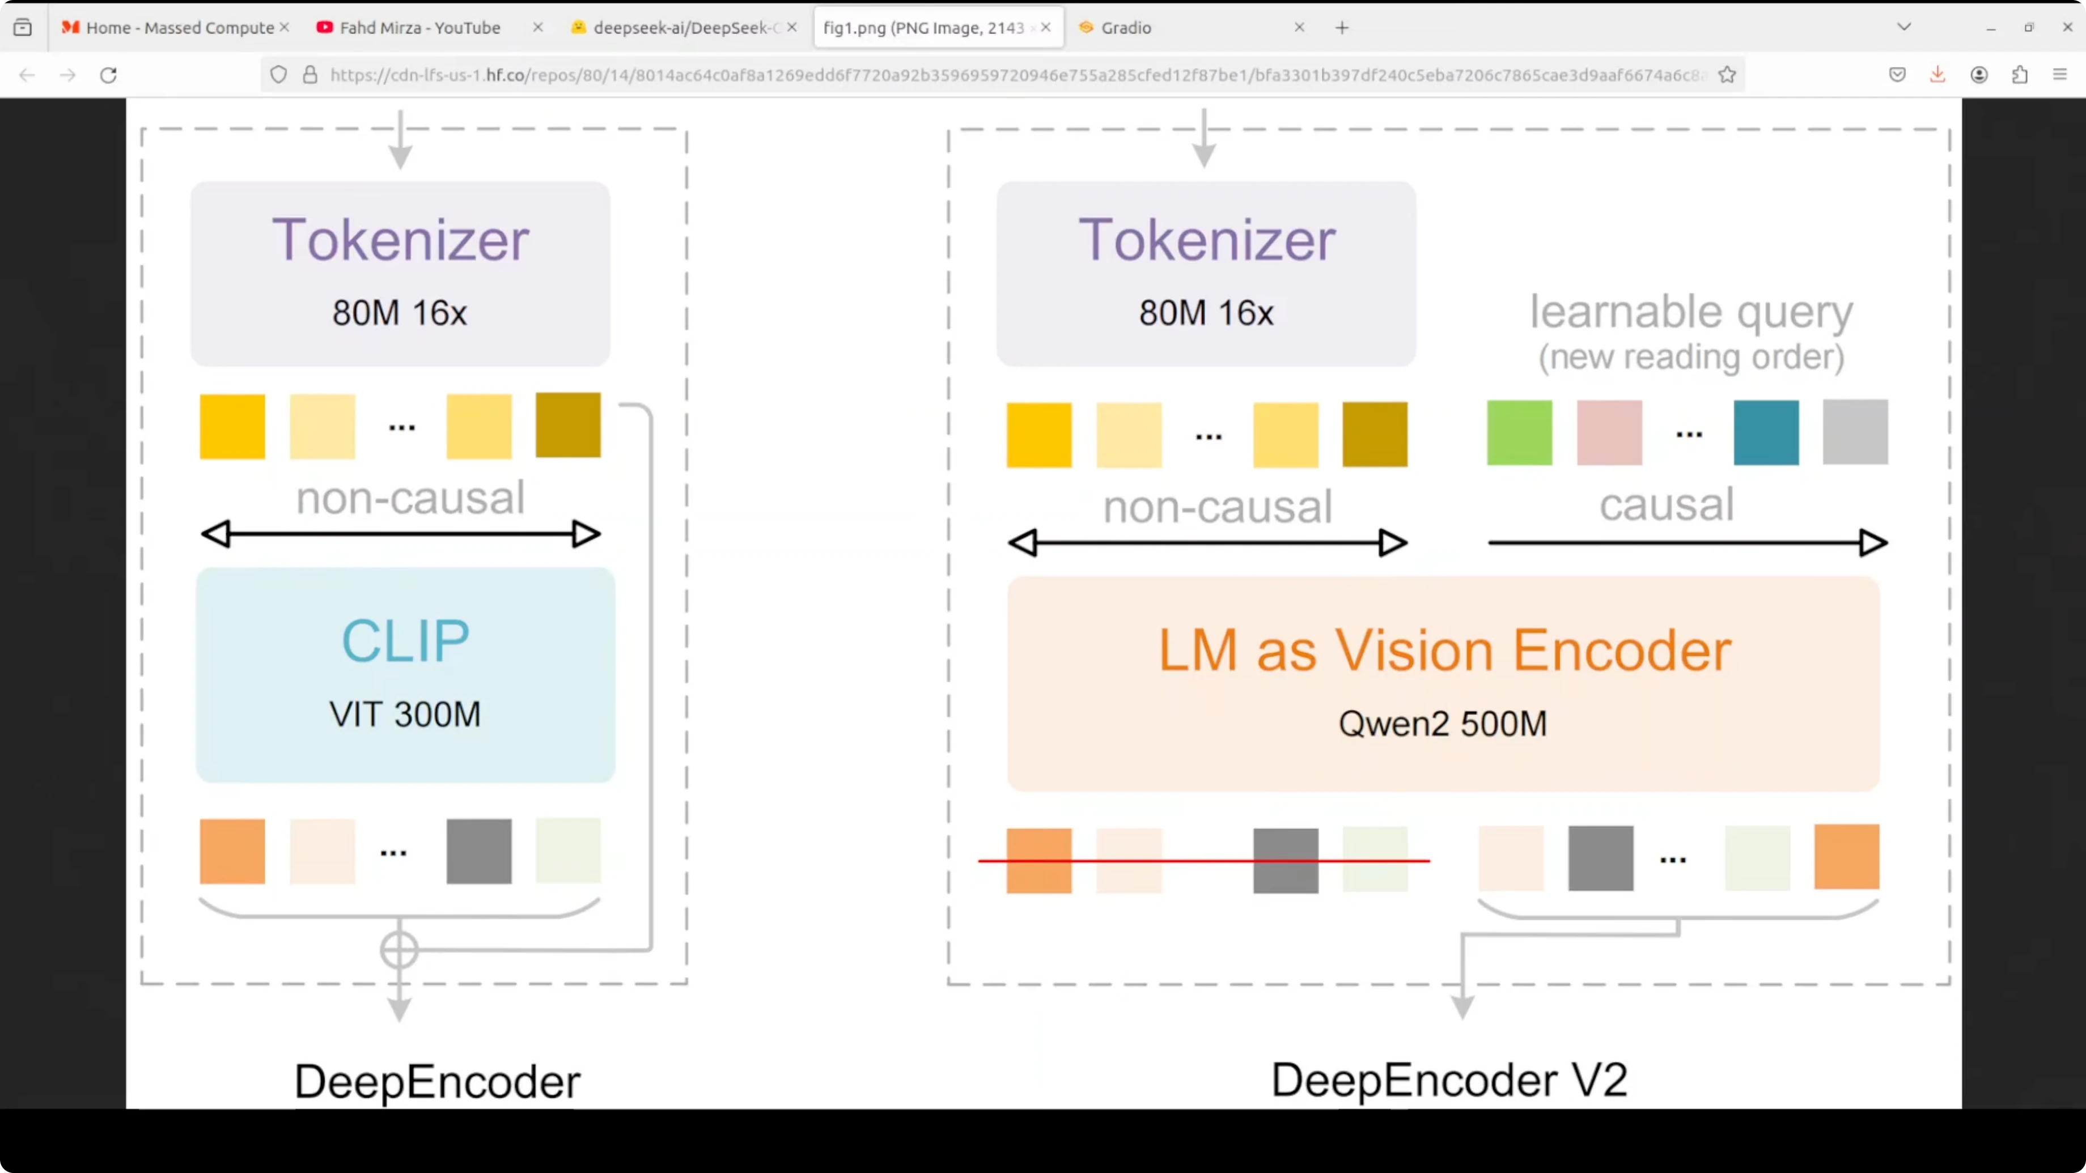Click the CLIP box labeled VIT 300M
[x=405, y=674]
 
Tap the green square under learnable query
[x=1519, y=432]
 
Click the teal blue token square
[x=1766, y=432]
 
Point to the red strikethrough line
[x=1204, y=861]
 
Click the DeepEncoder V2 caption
[x=1449, y=1080]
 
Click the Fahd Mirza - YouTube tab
[x=419, y=28]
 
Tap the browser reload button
[x=108, y=75]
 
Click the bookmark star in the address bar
[x=1727, y=75]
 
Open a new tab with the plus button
[x=1342, y=28]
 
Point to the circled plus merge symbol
[x=399, y=950]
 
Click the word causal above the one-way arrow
[x=1667, y=504]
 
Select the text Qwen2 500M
[x=1442, y=724]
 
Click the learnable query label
[x=1691, y=312]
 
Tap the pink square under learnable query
[x=1609, y=432]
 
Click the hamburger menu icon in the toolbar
[x=2060, y=75]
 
